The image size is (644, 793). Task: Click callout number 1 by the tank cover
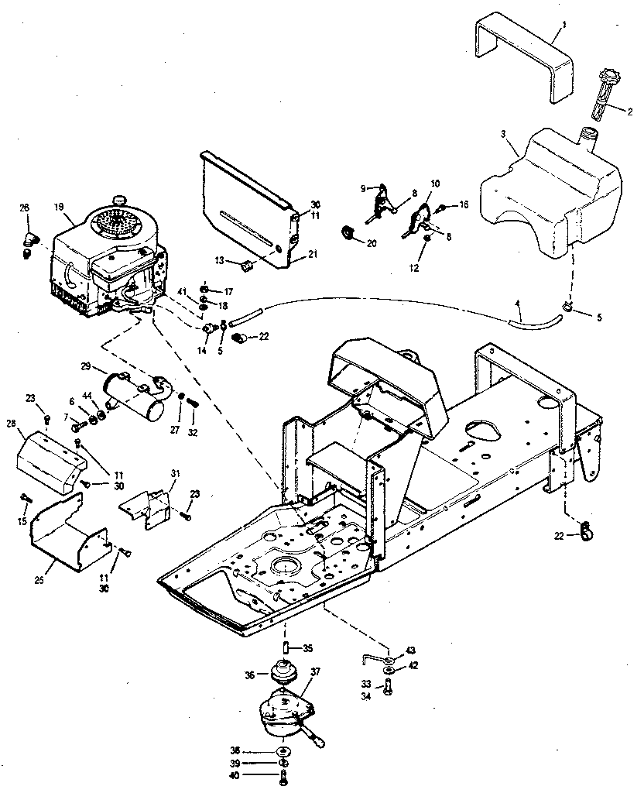click(563, 25)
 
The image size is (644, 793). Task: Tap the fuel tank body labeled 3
click(542, 194)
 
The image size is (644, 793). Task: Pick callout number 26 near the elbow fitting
click(24, 208)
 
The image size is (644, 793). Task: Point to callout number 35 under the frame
click(307, 648)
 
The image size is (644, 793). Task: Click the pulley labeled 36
click(286, 673)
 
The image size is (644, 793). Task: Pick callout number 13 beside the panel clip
click(220, 259)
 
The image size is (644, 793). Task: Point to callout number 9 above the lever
click(363, 188)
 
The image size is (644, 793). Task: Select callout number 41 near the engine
click(182, 291)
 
